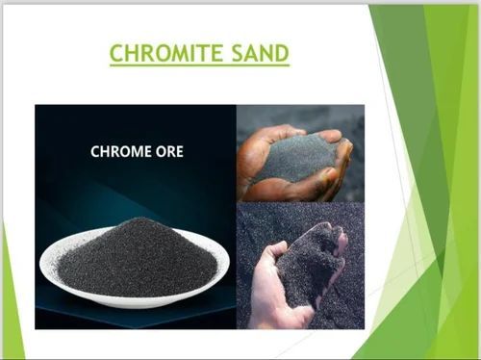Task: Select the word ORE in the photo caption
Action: [164, 152]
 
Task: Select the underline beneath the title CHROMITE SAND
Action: [199, 65]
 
